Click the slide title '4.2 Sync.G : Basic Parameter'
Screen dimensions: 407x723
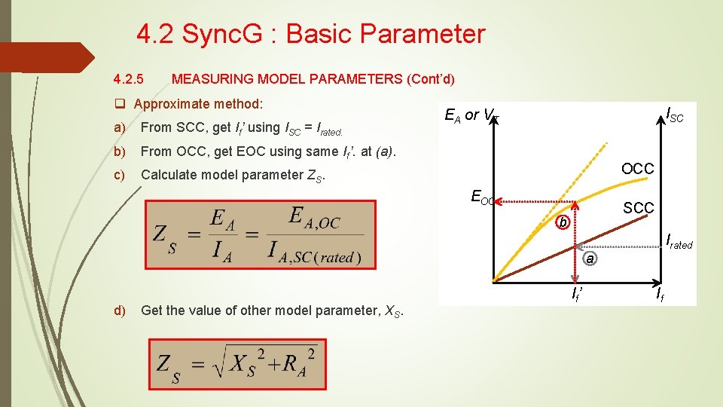pyautogui.click(x=311, y=34)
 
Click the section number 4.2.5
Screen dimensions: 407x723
pyautogui.click(x=129, y=79)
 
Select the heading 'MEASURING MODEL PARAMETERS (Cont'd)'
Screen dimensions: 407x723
pyautogui.click(x=313, y=79)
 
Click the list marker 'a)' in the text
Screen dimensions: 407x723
pyautogui.click(x=119, y=127)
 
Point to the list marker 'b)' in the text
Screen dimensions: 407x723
pyautogui.click(x=119, y=151)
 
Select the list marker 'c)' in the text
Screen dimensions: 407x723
pyautogui.click(x=119, y=175)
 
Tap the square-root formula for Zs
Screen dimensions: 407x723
pyautogui.click(x=238, y=363)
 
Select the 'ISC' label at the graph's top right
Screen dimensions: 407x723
pyautogui.click(x=676, y=115)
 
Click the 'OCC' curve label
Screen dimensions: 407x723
pyautogui.click(x=637, y=169)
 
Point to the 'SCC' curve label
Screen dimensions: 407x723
pyautogui.click(x=638, y=207)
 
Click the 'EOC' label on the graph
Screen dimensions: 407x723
pyautogui.click(x=483, y=198)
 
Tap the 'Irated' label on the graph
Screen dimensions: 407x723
pyautogui.click(x=679, y=243)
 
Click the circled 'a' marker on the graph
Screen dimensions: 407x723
pyautogui.click(x=591, y=259)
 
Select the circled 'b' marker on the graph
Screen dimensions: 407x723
pyautogui.click(x=562, y=222)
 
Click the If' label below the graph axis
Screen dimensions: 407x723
pyautogui.click(x=576, y=292)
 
